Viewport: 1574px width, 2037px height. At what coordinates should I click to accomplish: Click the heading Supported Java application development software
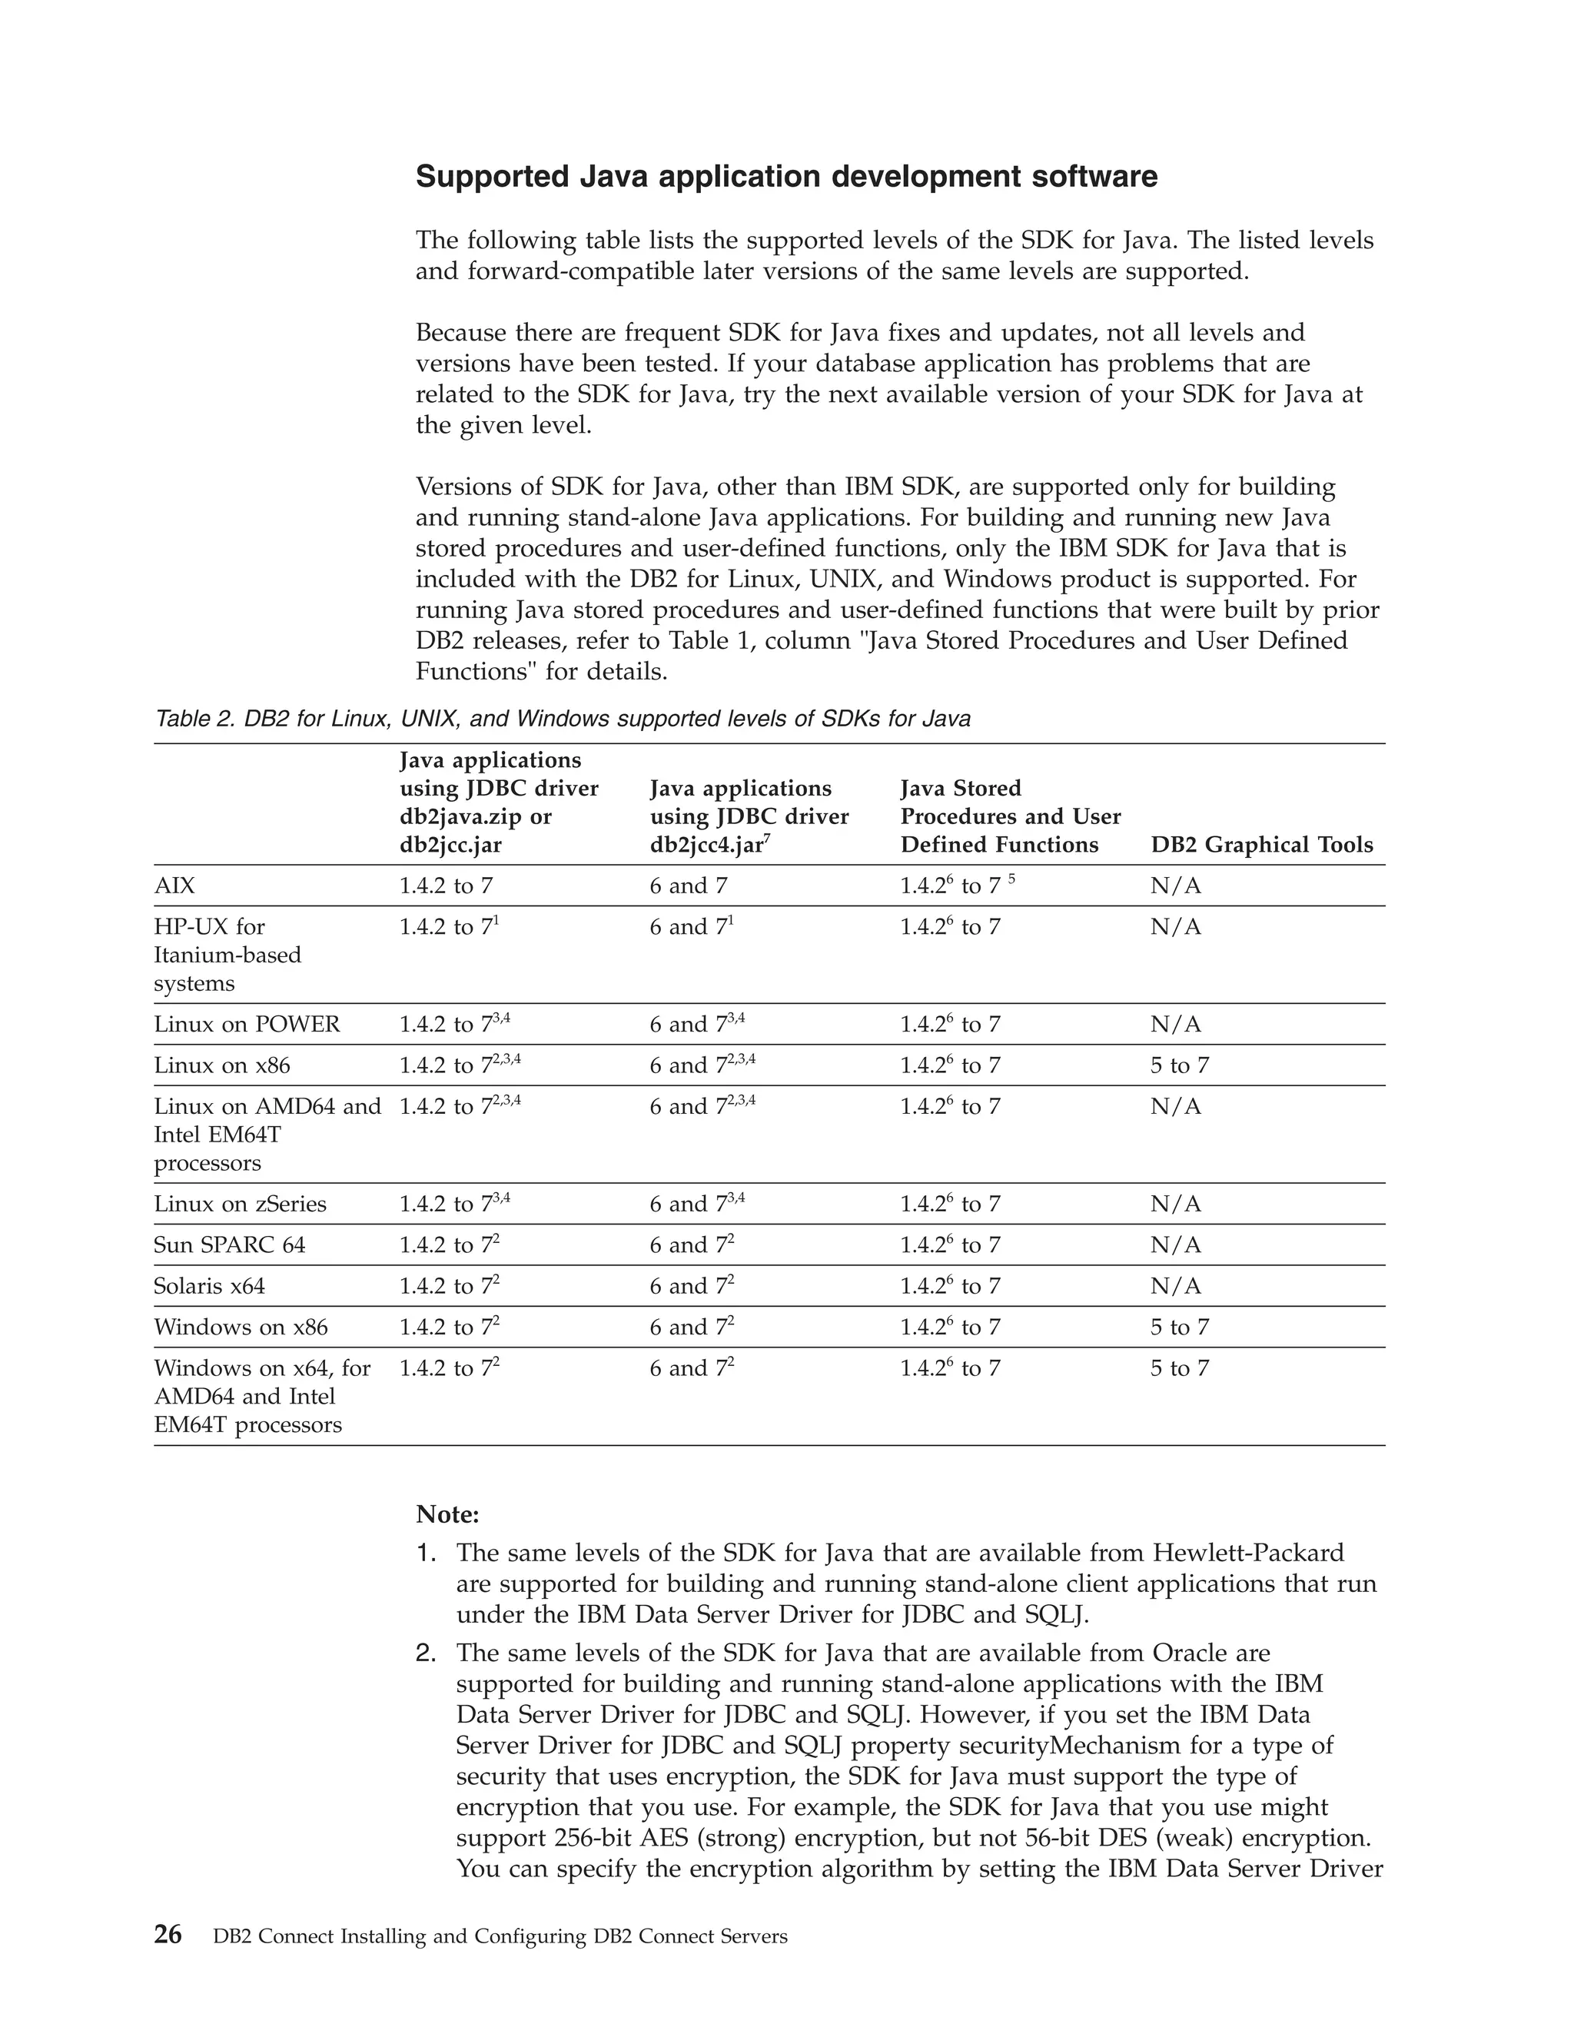[x=786, y=178]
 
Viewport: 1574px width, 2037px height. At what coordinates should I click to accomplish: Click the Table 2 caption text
[x=563, y=719]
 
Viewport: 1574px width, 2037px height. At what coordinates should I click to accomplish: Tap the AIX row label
[x=174, y=886]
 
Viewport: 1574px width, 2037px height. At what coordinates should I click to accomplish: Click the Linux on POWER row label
[x=247, y=1025]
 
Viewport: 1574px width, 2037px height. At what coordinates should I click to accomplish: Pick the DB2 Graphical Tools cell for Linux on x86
[x=1179, y=1066]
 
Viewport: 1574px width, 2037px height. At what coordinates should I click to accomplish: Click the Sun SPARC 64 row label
[x=229, y=1245]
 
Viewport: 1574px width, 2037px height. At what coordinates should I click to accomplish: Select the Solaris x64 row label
[x=209, y=1286]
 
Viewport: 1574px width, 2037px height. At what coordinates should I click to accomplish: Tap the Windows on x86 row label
[x=241, y=1328]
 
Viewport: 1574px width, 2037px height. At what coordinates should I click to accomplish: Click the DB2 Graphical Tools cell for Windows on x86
[x=1179, y=1328]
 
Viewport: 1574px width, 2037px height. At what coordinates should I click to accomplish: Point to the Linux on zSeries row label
[x=240, y=1204]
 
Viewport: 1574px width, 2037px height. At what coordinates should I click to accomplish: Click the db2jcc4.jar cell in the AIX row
[x=688, y=886]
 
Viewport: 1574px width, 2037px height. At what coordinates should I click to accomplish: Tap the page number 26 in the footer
[x=168, y=1936]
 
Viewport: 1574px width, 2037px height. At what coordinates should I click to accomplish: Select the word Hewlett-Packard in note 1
[x=1249, y=1553]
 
